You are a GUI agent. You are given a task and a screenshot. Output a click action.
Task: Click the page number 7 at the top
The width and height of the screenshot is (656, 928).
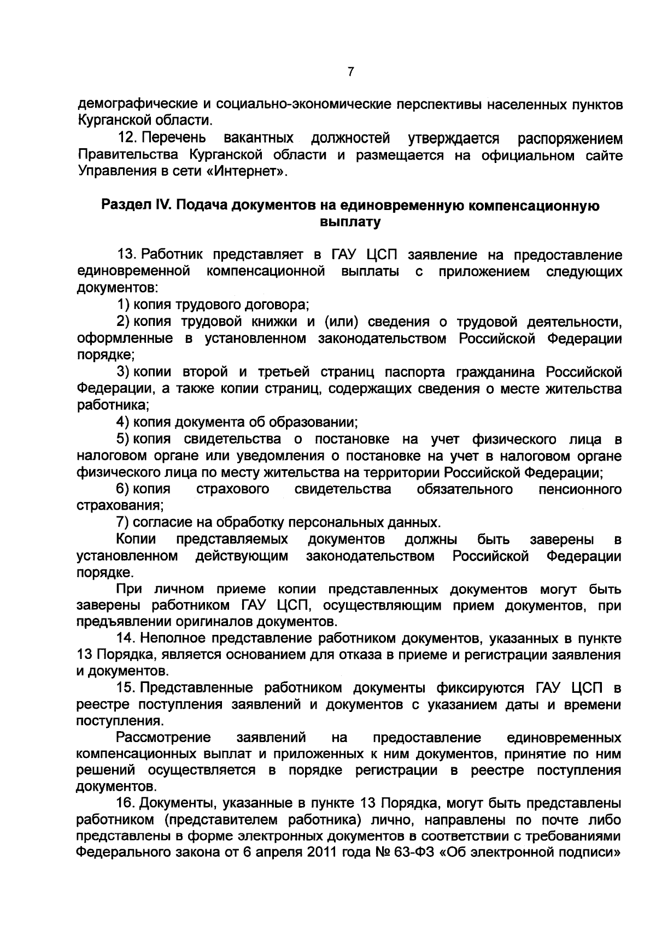pos(350,71)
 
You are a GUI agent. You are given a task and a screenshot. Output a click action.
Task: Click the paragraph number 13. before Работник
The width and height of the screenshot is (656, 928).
pos(126,255)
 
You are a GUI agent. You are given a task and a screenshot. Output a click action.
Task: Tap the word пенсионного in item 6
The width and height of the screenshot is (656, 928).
pos(580,489)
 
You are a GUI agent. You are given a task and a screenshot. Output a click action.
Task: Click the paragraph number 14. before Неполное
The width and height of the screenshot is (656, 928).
pos(126,638)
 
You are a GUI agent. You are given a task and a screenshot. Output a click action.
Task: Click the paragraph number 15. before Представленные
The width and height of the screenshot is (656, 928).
pos(126,688)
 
